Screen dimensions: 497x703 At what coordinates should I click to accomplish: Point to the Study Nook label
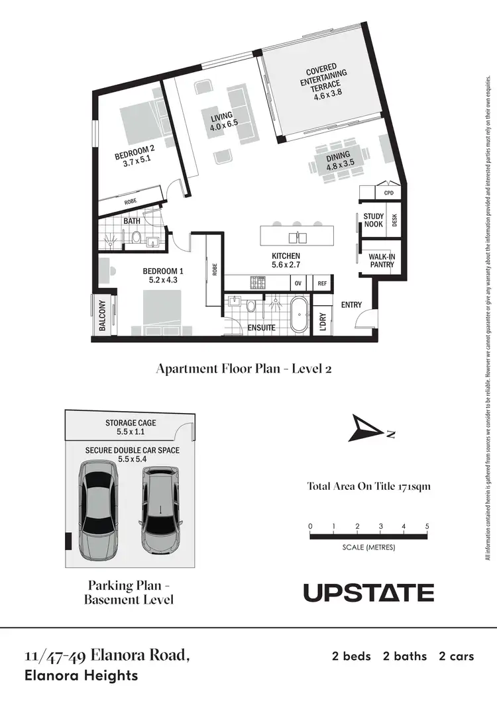(x=374, y=220)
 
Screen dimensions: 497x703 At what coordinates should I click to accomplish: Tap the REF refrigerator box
(x=322, y=283)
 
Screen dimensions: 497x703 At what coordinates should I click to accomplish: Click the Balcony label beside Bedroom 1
(x=103, y=315)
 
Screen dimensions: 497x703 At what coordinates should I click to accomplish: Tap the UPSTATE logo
(x=368, y=592)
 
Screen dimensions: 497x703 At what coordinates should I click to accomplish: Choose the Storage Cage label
(x=131, y=427)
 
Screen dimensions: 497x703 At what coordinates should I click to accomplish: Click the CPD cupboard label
(x=388, y=193)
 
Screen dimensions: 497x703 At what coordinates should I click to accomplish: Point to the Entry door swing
(x=364, y=321)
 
